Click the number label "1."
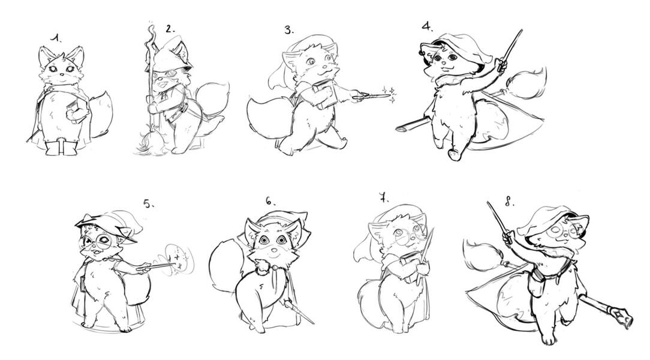[x=56, y=38]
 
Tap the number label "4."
[x=428, y=27]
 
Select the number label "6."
[x=270, y=201]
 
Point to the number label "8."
[x=510, y=202]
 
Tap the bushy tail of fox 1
[x=101, y=115]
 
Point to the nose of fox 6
[x=273, y=250]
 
